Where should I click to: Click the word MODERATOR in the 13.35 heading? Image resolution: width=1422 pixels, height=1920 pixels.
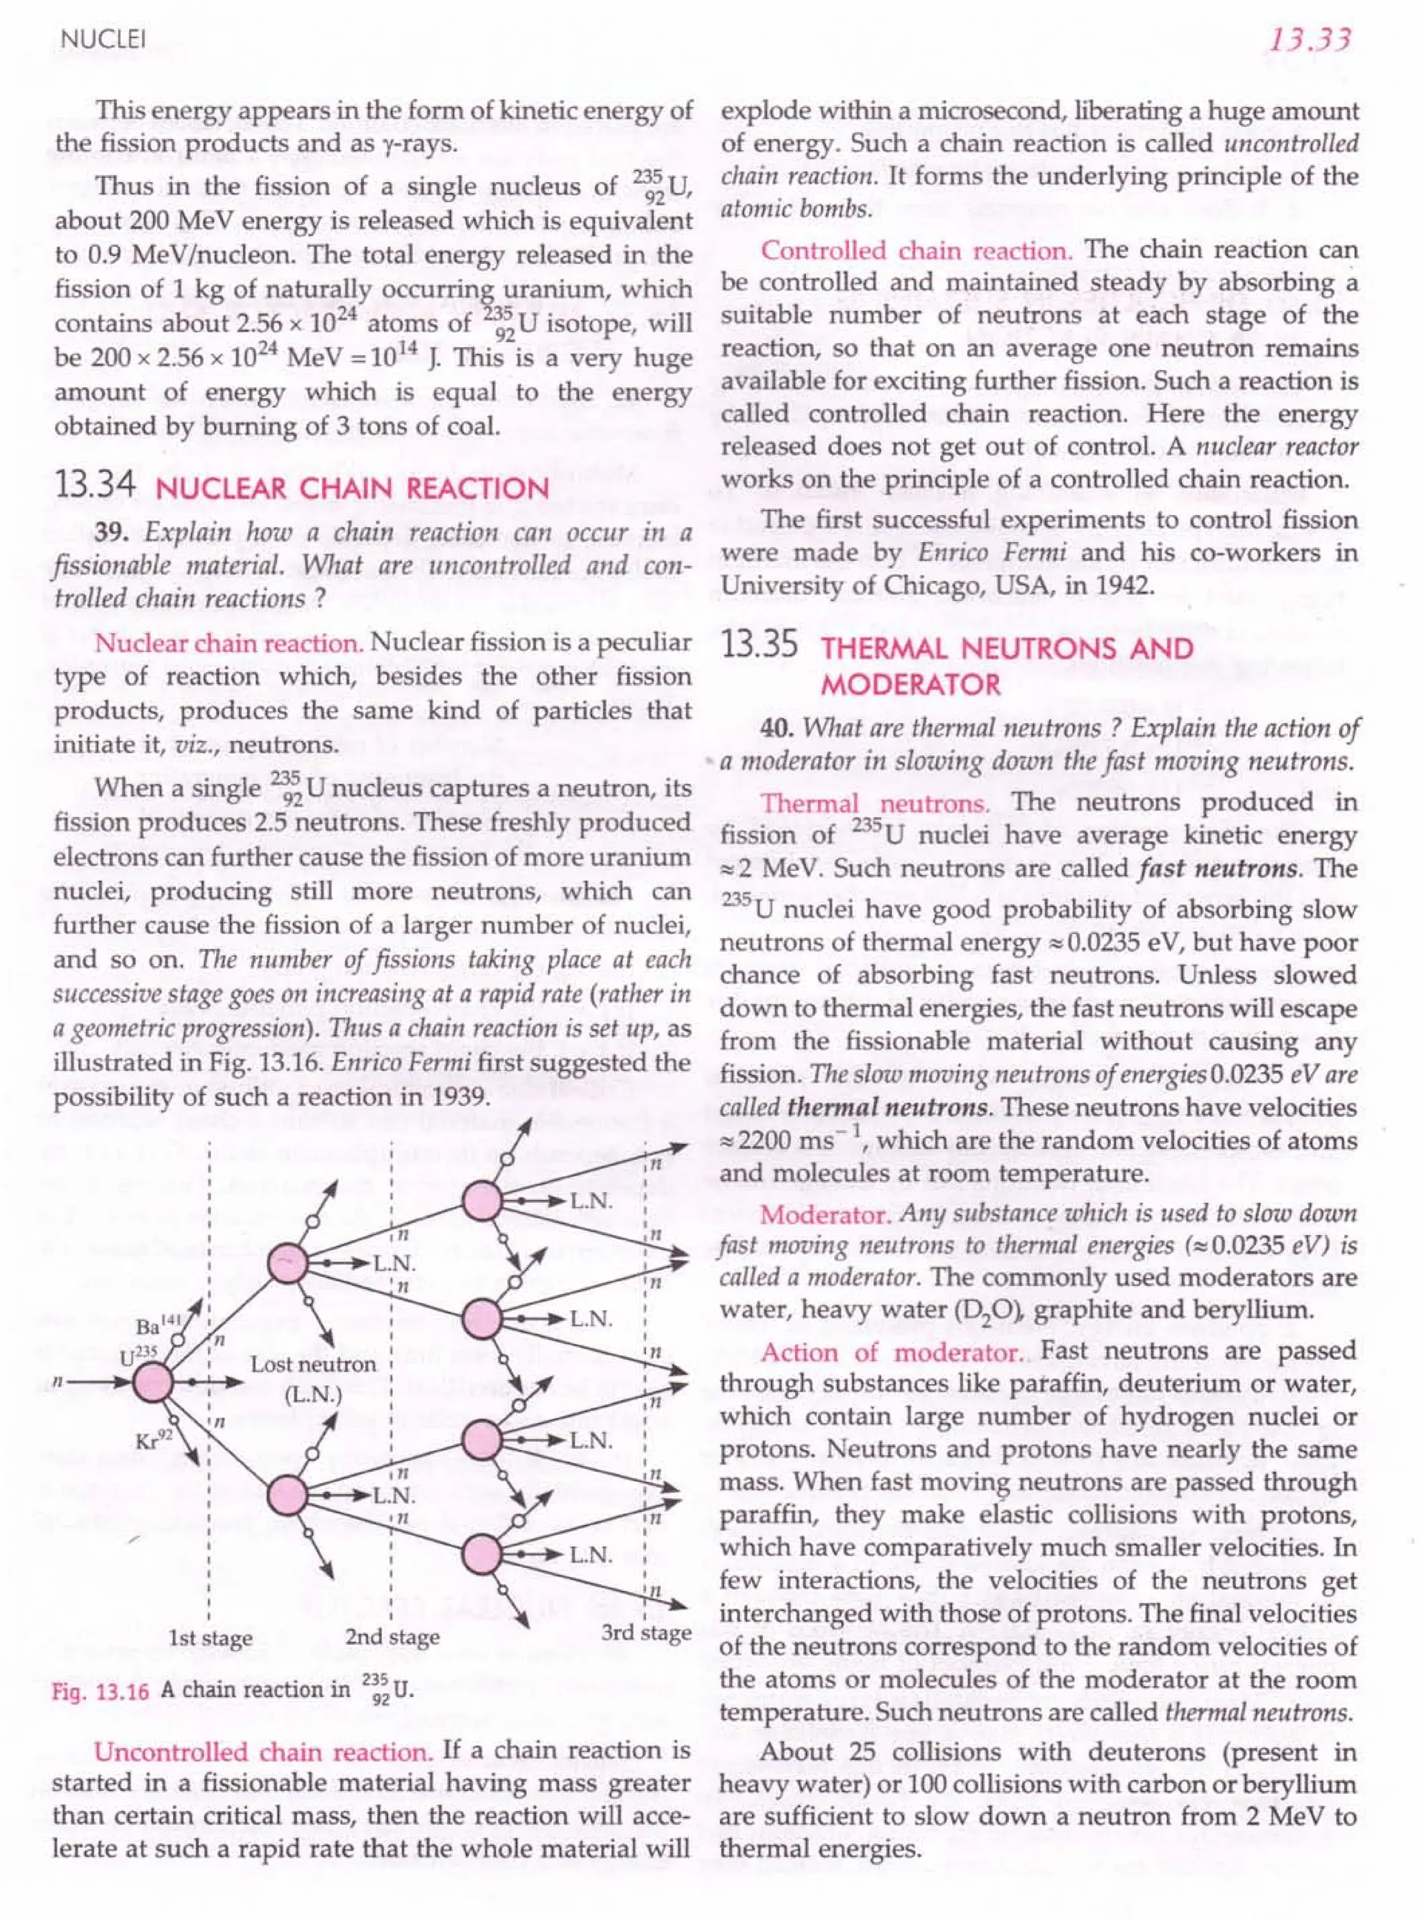[911, 685]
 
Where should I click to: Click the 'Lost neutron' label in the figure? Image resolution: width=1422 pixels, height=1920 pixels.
[313, 1365]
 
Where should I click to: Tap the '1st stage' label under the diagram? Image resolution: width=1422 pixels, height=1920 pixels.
[211, 1637]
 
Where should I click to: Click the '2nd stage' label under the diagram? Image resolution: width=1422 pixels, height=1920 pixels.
[392, 1637]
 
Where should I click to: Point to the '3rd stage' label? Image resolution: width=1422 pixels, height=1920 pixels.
[645, 1632]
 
